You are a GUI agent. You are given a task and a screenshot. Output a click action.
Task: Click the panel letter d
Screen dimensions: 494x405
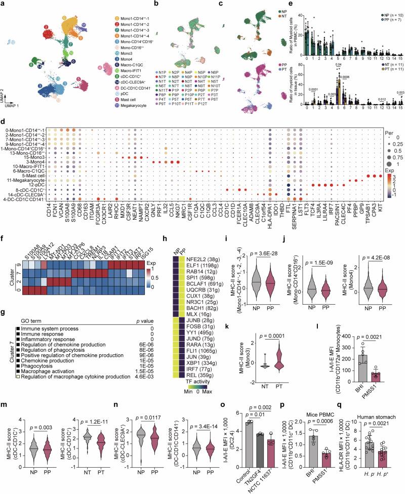coord(4,143)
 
